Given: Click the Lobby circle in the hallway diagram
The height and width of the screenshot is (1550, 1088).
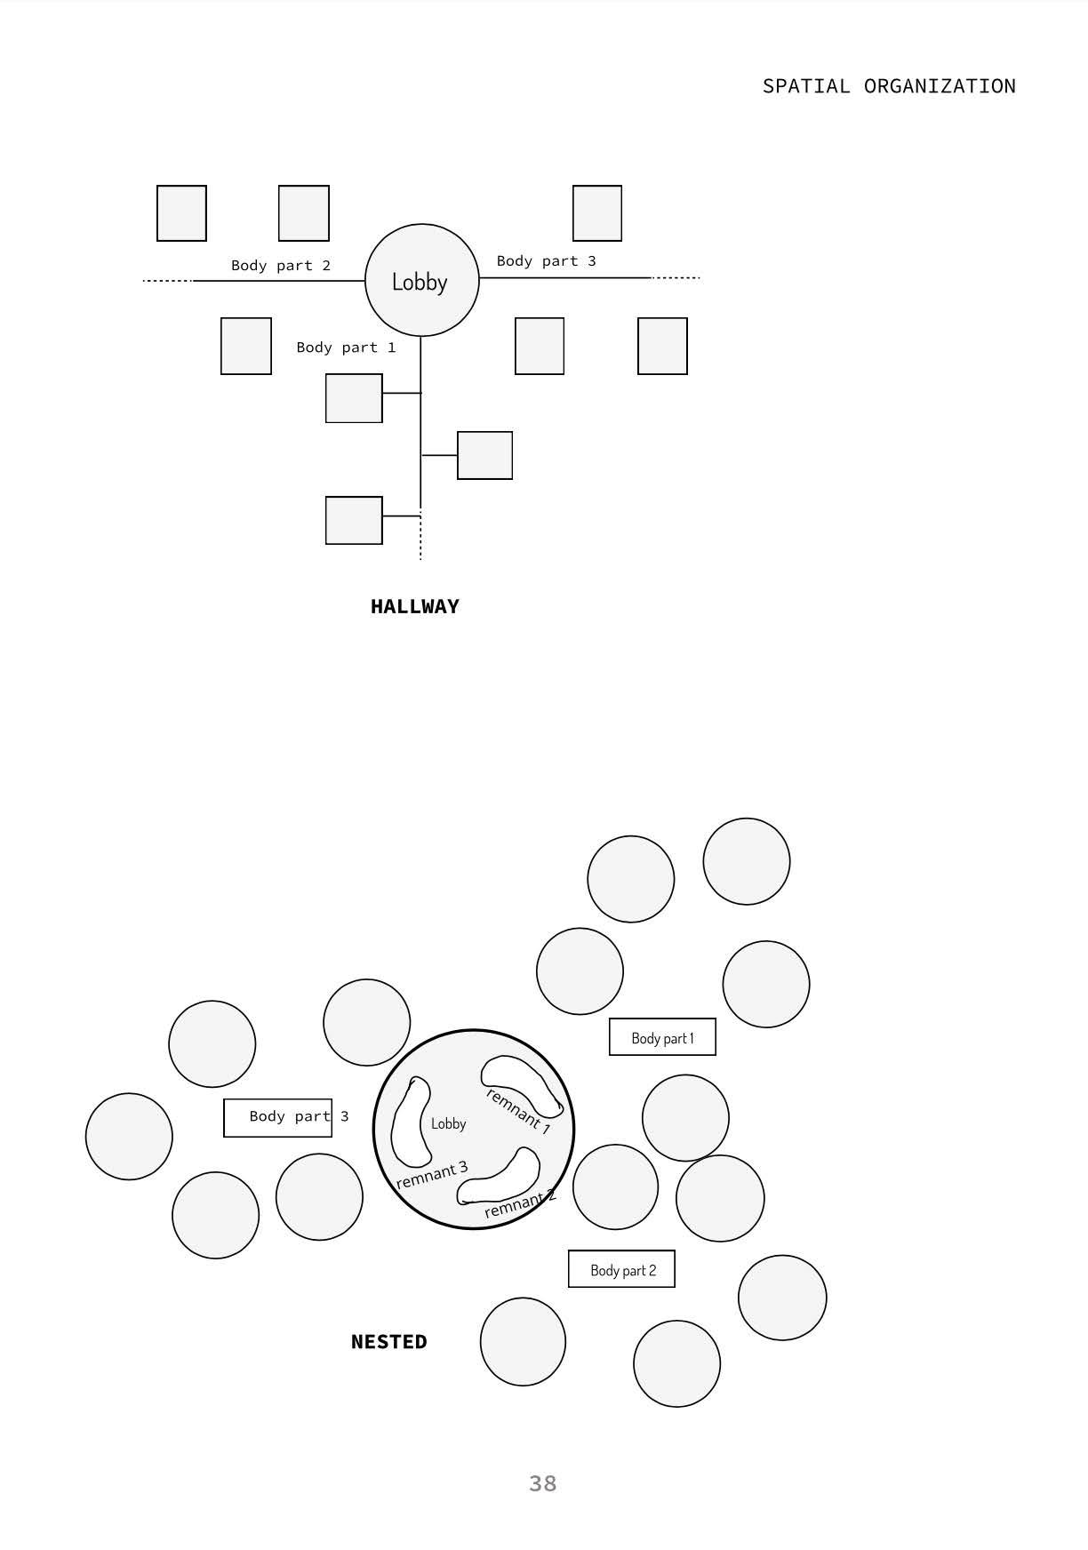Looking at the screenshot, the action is tap(421, 280).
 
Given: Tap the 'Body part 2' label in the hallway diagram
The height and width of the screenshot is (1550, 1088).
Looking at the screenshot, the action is tap(281, 266).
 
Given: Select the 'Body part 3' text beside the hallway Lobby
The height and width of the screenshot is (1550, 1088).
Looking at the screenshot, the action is tap(546, 261).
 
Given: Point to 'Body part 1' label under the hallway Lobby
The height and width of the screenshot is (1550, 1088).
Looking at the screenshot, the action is tap(346, 348).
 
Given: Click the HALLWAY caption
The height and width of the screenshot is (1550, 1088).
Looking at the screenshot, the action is tap(414, 607).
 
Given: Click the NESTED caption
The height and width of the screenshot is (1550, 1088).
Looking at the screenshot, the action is tap(388, 1342).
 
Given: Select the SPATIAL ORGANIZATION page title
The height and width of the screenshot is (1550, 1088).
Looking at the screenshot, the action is tap(889, 86).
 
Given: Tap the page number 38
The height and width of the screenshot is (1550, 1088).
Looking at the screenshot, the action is tap(542, 1483).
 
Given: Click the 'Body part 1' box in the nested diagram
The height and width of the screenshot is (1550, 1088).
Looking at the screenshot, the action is tap(662, 1037).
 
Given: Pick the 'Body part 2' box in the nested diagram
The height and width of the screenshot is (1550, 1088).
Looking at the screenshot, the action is tap(621, 1269).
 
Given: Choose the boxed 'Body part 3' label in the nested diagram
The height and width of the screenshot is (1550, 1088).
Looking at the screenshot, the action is tap(278, 1117).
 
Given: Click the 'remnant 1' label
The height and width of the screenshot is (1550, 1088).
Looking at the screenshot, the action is tap(519, 1112).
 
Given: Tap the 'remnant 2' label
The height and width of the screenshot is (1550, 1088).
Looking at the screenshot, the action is tap(520, 1204).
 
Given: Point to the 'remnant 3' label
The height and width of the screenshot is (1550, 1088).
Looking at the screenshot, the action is tap(431, 1175).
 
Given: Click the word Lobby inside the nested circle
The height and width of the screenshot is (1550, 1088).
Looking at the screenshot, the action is tap(448, 1124).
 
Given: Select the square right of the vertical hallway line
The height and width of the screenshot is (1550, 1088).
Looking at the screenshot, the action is tap(484, 455).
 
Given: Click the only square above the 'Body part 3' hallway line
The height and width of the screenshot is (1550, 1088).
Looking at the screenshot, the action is tap(596, 213).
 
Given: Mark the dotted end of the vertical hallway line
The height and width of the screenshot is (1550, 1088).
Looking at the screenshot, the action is tap(420, 539).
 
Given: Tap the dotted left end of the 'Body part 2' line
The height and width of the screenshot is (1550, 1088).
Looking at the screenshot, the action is tap(167, 281).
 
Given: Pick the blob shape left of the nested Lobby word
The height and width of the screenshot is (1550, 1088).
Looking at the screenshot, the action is tap(410, 1122).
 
